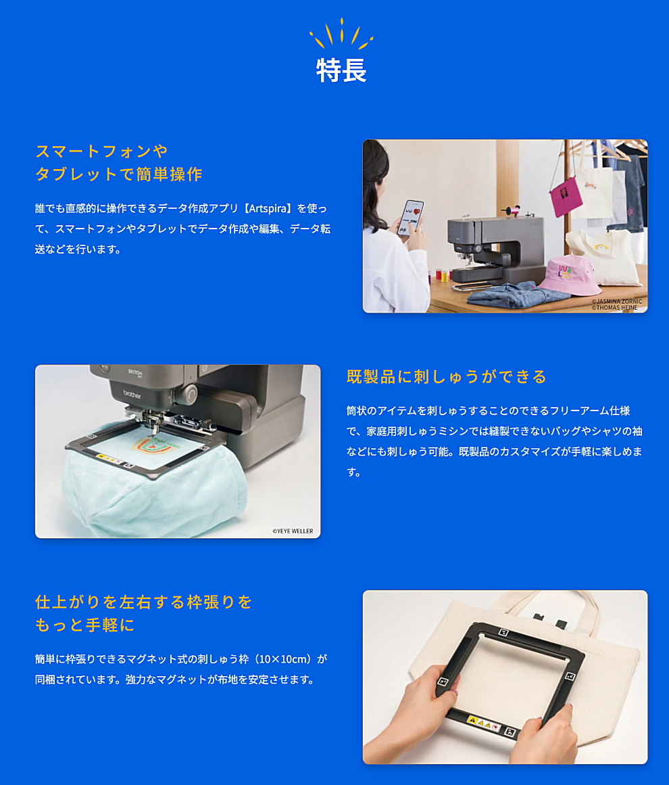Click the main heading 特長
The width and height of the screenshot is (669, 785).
click(x=341, y=70)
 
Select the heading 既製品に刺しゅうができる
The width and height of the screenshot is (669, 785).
click(x=446, y=377)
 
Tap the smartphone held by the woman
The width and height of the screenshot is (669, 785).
click(x=410, y=218)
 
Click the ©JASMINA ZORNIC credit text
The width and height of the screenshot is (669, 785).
click(x=616, y=301)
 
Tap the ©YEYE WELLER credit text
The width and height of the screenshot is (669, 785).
click(x=293, y=531)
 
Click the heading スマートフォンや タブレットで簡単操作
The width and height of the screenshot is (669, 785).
click(x=118, y=162)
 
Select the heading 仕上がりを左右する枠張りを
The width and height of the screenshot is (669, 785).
click(x=143, y=602)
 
